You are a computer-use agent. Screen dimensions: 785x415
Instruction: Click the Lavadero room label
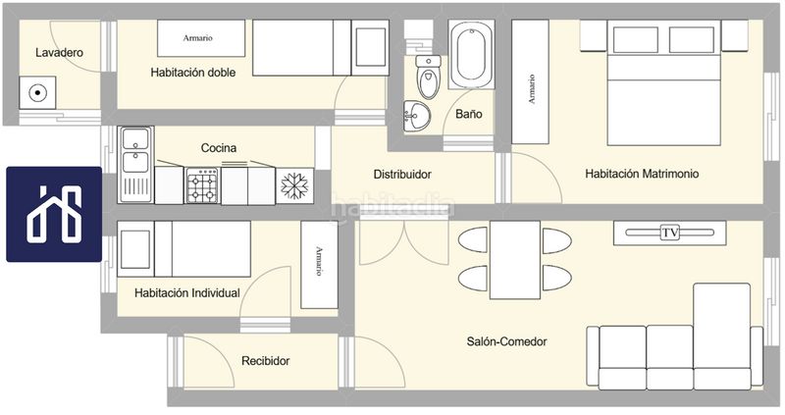pyautogui.click(x=59, y=53)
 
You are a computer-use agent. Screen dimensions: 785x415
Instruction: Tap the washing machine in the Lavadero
pyautogui.click(x=37, y=92)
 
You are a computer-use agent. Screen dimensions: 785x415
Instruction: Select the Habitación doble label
pyautogui.click(x=192, y=73)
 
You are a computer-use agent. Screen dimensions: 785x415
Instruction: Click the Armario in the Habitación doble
pyautogui.click(x=201, y=38)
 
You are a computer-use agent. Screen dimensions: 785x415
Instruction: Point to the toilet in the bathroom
pyautogui.click(x=428, y=78)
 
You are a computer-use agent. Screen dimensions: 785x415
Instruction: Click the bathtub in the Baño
pyautogui.click(x=471, y=55)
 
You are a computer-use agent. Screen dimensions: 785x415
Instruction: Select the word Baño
pyautogui.click(x=469, y=114)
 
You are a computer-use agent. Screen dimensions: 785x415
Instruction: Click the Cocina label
pyautogui.click(x=218, y=148)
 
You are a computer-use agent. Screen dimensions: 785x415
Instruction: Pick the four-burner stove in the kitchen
pyautogui.click(x=203, y=185)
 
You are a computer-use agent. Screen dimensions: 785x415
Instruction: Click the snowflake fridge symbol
pyautogui.click(x=295, y=185)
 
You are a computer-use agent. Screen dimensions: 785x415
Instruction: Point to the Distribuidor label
pyautogui.click(x=402, y=175)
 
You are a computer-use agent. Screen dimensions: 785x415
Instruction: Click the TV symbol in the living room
pyautogui.click(x=670, y=233)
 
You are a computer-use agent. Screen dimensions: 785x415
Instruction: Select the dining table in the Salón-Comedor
pyautogui.click(x=514, y=260)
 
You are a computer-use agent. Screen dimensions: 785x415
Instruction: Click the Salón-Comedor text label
pyautogui.click(x=506, y=341)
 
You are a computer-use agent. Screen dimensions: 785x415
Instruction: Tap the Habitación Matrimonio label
pyautogui.click(x=642, y=174)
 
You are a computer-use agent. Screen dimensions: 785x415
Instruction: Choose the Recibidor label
pyautogui.click(x=265, y=361)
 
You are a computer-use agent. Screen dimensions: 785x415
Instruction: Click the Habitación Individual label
pyautogui.click(x=187, y=292)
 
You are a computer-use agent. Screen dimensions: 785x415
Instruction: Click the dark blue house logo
pyautogui.click(x=54, y=214)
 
